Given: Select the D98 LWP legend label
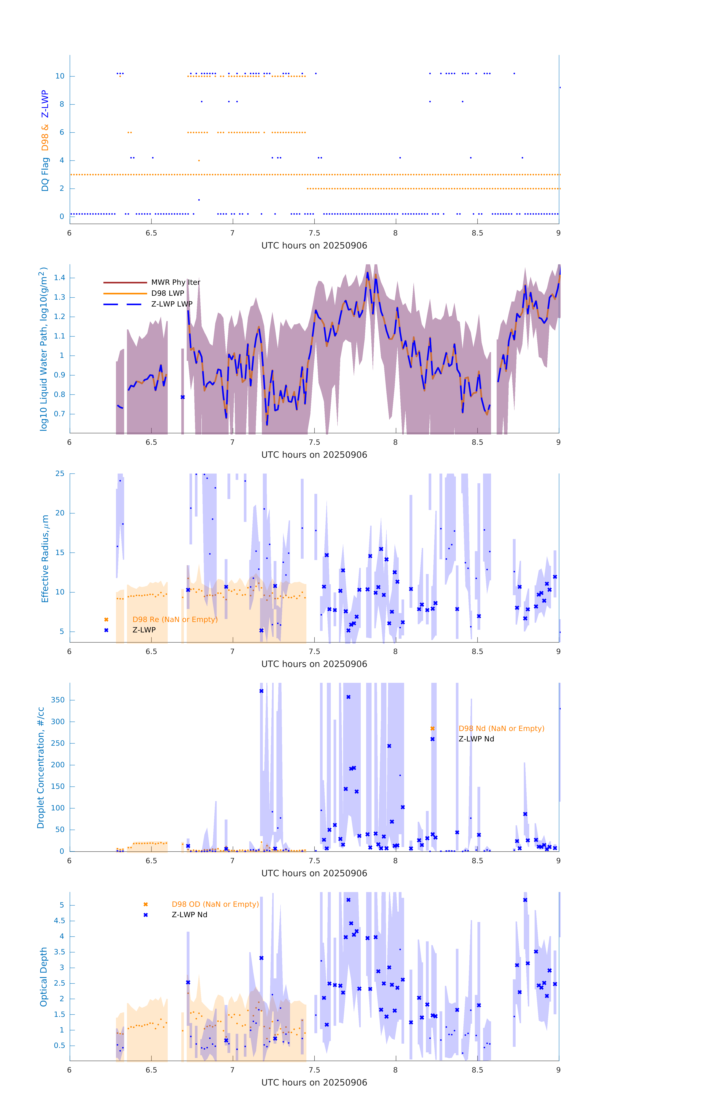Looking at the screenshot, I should click(x=168, y=293).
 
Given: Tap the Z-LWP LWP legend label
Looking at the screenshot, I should click(x=172, y=304).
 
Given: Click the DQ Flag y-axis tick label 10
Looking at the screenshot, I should click(x=60, y=76).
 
